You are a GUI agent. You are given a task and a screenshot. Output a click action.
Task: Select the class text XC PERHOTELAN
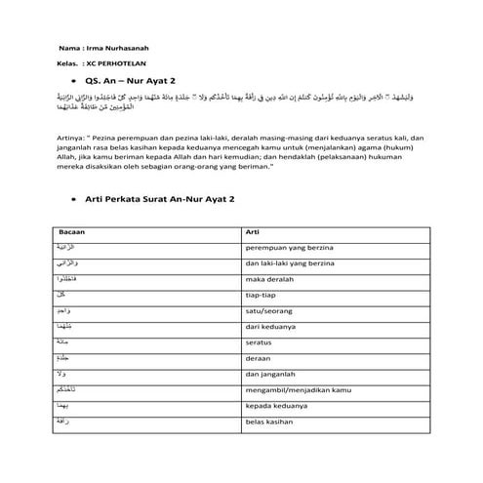pos(118,64)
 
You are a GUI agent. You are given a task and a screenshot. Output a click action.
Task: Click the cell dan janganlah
pos(270,373)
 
